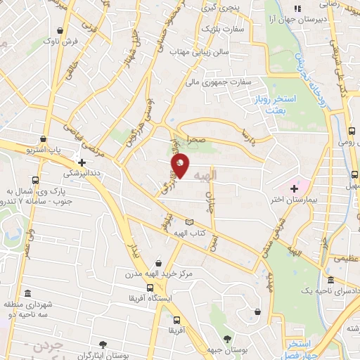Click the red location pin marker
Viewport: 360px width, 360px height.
click(x=181, y=165)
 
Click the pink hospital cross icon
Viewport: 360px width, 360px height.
click(x=294, y=188)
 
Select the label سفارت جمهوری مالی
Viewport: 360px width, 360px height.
click(x=218, y=82)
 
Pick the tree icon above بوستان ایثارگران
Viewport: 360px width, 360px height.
click(x=103, y=344)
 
